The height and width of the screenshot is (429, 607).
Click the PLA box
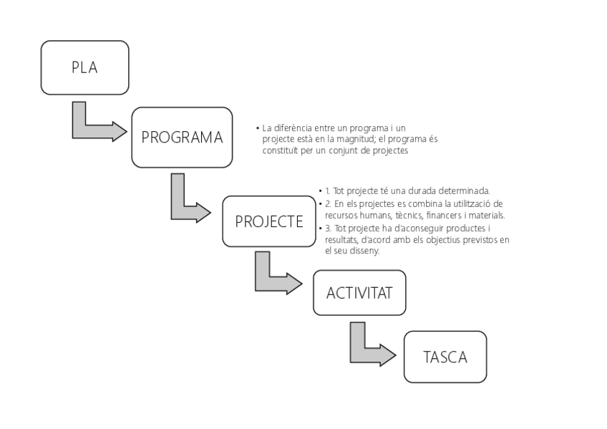pyautogui.click(x=84, y=68)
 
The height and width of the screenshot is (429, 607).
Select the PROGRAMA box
pyautogui.click(x=182, y=137)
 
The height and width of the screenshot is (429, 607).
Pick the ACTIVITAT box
pyautogui.click(x=359, y=293)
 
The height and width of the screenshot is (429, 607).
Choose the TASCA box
pyautogui.click(x=445, y=357)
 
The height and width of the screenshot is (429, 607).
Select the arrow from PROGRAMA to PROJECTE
pyautogui.click(x=188, y=208)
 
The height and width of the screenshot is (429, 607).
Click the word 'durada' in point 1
pyautogui.click(x=422, y=191)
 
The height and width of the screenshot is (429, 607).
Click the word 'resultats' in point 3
pyautogui.click(x=341, y=240)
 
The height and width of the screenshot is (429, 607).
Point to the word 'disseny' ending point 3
pyautogui.click(x=366, y=252)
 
